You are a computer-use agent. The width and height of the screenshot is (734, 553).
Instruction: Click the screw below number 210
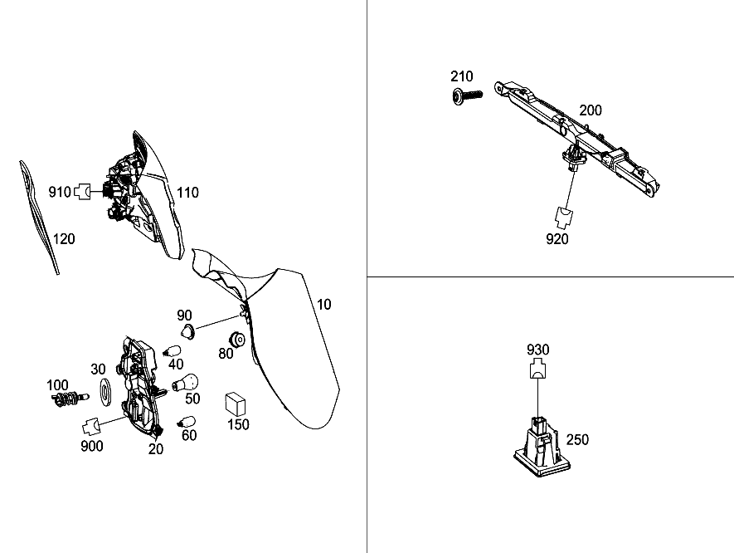467,95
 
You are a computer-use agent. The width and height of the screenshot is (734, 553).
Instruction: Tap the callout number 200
591,110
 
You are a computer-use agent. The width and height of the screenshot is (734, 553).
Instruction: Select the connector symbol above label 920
564,217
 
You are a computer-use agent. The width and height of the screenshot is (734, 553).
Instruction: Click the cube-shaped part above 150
236,404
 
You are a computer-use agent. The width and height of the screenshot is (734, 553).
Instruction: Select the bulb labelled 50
187,383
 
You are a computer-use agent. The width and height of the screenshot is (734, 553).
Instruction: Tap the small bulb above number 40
172,351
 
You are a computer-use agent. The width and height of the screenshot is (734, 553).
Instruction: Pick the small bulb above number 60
186,422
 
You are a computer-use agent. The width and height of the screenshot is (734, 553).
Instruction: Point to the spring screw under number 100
70,399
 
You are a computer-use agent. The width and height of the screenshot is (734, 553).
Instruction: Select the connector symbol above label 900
92,427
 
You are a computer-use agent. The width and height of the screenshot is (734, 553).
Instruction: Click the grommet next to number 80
237,340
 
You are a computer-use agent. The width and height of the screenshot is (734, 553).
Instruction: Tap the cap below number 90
188,331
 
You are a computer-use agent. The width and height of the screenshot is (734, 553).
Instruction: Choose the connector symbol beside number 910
83,191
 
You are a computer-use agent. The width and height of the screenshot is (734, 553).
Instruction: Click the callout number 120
64,239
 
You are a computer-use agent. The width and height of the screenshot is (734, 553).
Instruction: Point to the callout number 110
187,193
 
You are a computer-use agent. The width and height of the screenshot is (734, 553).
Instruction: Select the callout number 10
324,305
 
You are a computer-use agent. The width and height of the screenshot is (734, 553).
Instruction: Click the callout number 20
156,449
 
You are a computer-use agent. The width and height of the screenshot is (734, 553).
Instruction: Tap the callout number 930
538,350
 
